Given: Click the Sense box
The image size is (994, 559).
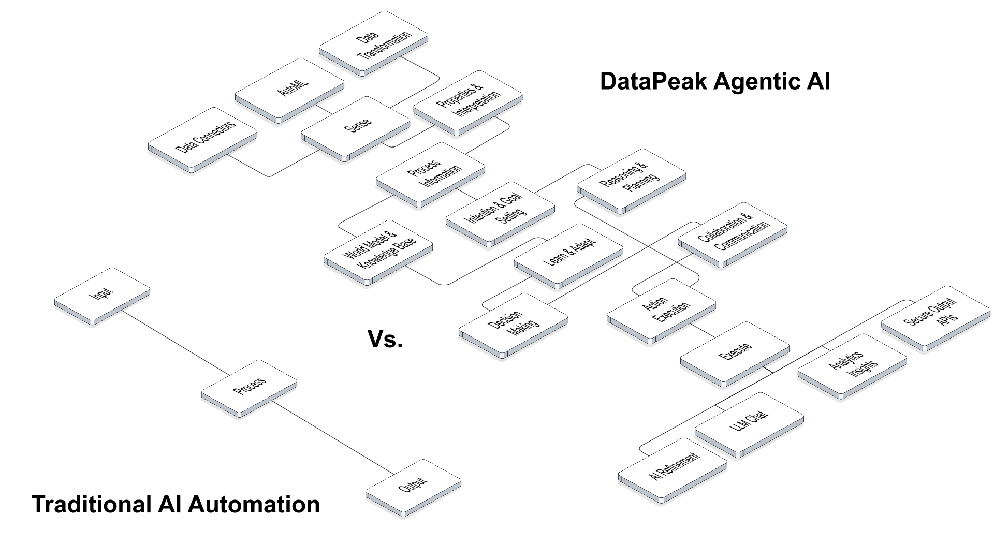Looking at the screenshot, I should (x=356, y=126).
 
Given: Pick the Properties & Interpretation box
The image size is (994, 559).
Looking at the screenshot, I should (x=468, y=101).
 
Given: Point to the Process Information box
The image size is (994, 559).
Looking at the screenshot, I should (x=430, y=173).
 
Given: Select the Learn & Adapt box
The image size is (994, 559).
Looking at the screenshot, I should (x=568, y=254).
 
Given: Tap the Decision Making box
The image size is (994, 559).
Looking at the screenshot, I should (x=513, y=323).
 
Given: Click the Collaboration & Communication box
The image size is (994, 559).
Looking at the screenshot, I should (x=733, y=233).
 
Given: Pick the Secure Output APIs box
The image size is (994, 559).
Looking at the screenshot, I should (x=935, y=316).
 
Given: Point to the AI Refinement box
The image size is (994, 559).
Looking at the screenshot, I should (x=673, y=468).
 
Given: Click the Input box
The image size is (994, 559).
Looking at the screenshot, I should (x=102, y=295).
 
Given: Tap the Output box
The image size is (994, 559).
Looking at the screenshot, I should (x=413, y=486).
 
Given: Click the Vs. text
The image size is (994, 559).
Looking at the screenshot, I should (x=385, y=339).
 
